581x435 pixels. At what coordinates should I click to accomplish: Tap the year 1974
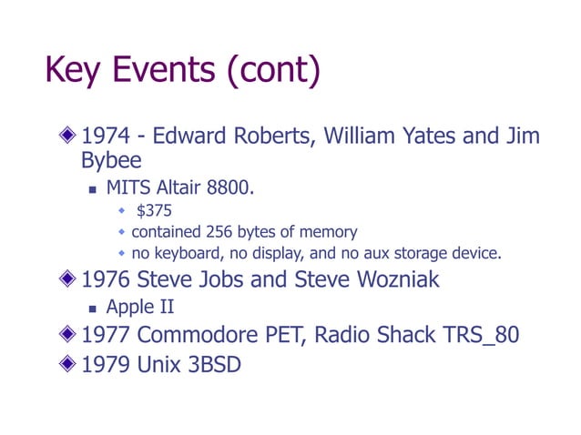point(107,137)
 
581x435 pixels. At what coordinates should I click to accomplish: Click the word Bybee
point(110,162)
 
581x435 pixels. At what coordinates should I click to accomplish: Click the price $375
point(154,211)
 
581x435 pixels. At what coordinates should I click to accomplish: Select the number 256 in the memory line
point(224,231)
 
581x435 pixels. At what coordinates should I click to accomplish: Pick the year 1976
point(107,279)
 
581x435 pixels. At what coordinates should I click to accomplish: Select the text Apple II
point(139,308)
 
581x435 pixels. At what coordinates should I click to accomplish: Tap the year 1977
point(107,335)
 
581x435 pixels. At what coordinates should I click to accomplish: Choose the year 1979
point(107,366)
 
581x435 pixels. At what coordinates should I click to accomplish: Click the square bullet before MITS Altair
point(92,190)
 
